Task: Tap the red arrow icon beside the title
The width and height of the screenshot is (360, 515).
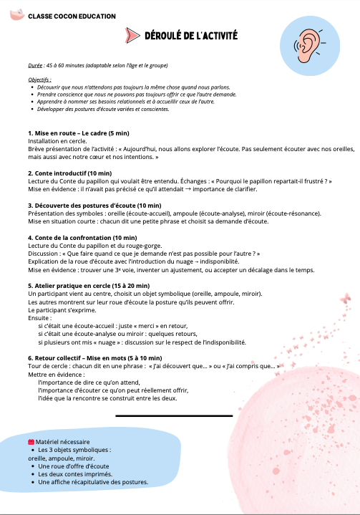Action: [x=130, y=36]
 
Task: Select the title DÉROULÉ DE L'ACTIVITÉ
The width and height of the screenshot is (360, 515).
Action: [x=191, y=36]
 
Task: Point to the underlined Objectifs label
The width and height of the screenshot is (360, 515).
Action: [x=39, y=80]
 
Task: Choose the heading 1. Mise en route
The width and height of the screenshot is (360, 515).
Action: [x=69, y=133]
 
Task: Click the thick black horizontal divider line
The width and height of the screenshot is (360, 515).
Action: [x=174, y=415]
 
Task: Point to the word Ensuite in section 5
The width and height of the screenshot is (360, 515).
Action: [x=40, y=317]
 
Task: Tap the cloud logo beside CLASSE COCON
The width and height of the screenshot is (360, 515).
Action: [x=14, y=15]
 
